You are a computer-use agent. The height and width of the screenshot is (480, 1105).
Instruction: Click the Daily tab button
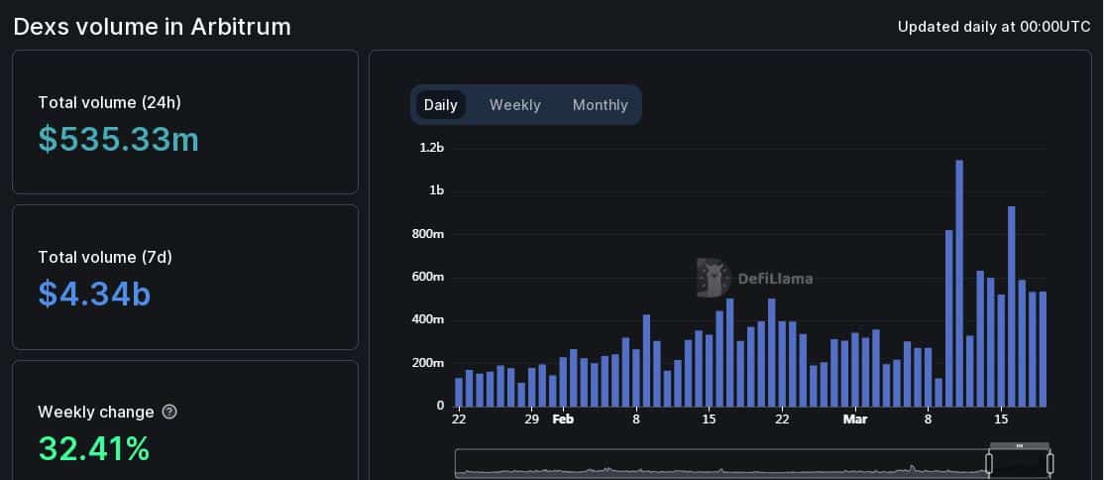point(440,105)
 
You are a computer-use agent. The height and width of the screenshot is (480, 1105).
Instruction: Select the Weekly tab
point(514,105)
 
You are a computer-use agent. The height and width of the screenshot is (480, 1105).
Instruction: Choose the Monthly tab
point(600,105)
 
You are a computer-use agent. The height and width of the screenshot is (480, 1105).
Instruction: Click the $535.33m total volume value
point(119,140)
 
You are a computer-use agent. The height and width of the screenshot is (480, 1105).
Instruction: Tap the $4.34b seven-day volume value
point(94,294)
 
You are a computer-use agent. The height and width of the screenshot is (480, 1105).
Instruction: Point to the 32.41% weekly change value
point(94,448)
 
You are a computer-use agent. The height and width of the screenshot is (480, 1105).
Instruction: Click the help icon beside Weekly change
point(169,412)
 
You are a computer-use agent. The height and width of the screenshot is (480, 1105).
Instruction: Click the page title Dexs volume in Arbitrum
point(152,27)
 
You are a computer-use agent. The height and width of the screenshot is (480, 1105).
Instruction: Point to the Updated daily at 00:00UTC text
point(993,27)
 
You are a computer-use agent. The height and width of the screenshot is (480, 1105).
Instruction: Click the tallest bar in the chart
point(959,283)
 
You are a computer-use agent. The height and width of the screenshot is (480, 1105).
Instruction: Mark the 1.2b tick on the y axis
point(431,148)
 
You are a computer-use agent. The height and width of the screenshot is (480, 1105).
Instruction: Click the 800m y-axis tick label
point(428,234)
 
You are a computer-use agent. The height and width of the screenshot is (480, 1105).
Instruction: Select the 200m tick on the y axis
point(428,363)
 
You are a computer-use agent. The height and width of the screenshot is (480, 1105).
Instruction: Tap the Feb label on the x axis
point(563,420)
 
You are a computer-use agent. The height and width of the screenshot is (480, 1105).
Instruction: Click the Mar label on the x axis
point(854,420)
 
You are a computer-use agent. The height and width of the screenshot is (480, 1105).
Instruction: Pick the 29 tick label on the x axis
point(532,420)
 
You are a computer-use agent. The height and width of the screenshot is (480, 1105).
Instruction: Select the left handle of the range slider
point(988,463)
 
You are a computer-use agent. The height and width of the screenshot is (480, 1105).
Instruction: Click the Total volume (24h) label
point(109,102)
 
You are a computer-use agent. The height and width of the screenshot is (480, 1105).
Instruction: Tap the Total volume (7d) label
point(105,257)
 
